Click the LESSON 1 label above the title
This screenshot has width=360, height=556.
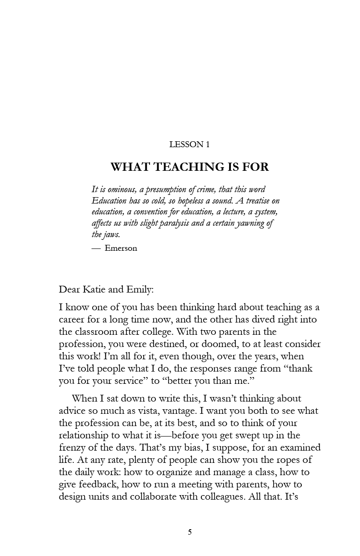click(190, 144)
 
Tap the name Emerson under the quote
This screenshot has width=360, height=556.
click(120, 248)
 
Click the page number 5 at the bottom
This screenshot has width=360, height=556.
click(190, 532)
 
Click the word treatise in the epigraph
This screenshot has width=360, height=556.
click(258, 201)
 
